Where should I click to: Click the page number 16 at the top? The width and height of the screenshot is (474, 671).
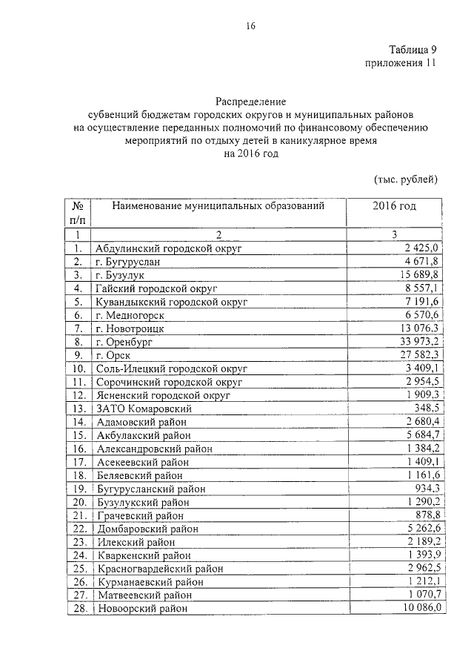250,27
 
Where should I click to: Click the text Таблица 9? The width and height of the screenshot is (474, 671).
413,50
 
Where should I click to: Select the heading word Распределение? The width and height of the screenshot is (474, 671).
250,100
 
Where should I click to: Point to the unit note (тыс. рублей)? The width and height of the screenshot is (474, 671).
404,179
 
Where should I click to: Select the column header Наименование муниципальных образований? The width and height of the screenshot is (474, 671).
218,205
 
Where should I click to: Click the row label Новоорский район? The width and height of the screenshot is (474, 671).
141,608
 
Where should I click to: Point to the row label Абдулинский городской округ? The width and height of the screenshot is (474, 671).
170,248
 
